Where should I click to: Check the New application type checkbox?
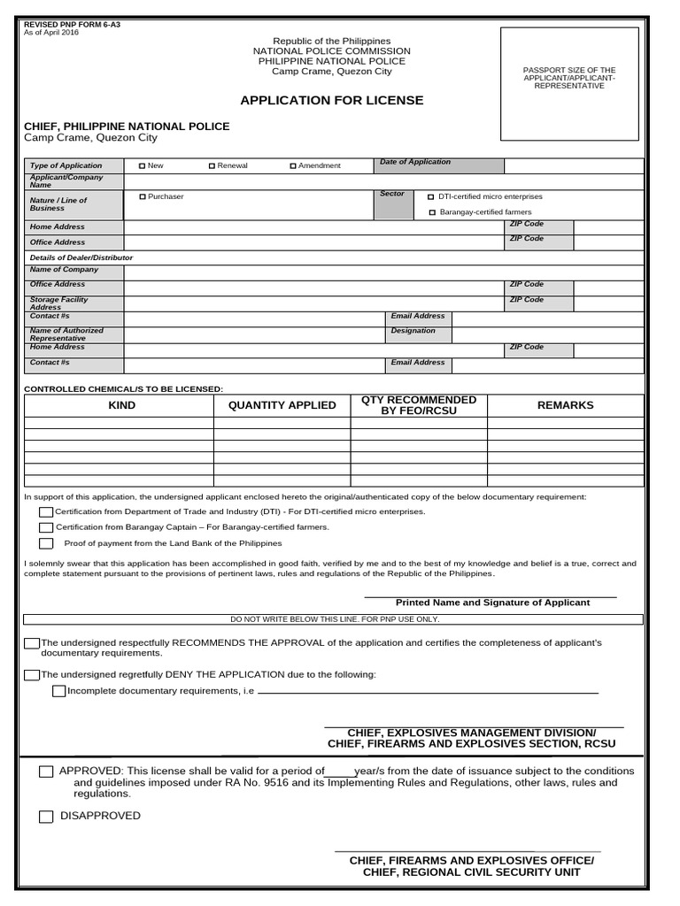click(143, 165)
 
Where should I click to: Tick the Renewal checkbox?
click(212, 165)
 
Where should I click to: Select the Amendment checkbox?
click(293, 165)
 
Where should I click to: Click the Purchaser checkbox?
click(143, 196)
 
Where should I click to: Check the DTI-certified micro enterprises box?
click(431, 197)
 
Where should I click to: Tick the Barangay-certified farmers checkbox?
click(432, 212)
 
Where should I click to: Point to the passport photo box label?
click(569, 78)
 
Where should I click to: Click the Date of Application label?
click(414, 162)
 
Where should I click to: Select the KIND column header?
click(121, 405)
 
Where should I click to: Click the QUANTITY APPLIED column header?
click(282, 405)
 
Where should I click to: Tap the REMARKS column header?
click(565, 405)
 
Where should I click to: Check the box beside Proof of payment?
click(46, 543)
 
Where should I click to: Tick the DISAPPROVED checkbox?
click(46, 817)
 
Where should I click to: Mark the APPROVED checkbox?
click(46, 772)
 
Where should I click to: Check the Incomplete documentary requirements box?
click(58, 691)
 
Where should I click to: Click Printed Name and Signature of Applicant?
click(492, 603)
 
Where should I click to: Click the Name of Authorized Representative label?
click(66, 334)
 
